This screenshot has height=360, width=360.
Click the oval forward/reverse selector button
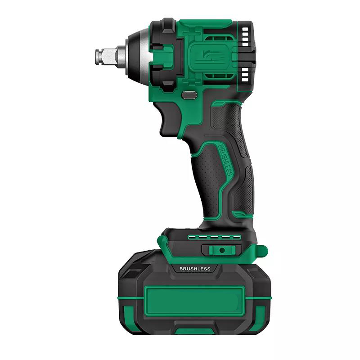coord(189,95)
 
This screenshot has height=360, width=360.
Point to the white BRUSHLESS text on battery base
coord(195,269)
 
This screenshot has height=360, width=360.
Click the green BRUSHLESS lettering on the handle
coord(225,160)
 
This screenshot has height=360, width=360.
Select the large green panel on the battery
coord(195,301)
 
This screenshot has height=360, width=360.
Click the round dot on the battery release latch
coord(222,250)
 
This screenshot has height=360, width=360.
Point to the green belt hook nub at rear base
coord(262,251)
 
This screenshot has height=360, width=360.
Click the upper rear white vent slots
coord(245,37)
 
